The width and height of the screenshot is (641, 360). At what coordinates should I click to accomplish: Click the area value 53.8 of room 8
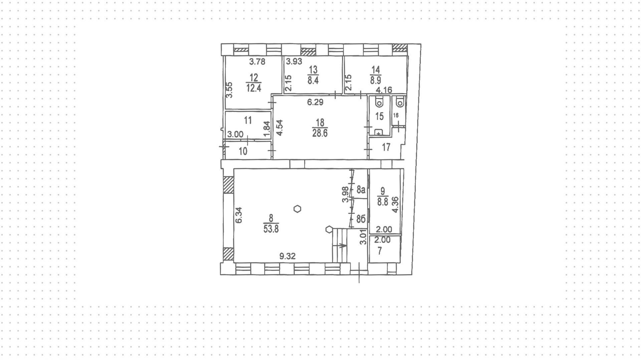[x=271, y=229]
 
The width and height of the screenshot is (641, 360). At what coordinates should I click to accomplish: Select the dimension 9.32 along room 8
[x=287, y=256]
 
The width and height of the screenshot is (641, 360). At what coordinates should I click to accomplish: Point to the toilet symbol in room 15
[x=380, y=102]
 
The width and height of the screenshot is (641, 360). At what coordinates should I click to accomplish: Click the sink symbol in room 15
[x=378, y=133]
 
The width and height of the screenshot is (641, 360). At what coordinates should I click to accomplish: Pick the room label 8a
[x=361, y=190]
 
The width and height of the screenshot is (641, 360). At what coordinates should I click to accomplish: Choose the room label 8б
[x=361, y=219]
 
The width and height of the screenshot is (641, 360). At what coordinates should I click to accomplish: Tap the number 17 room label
[x=386, y=147]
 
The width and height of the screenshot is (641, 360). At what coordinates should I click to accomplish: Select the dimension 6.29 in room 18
[x=315, y=102]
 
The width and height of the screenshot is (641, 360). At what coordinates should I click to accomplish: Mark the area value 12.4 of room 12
[x=254, y=88]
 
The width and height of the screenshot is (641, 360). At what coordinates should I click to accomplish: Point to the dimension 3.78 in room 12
[x=257, y=61]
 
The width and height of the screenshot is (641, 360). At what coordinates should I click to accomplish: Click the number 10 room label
[x=243, y=151]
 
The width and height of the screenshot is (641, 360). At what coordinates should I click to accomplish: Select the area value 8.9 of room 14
[x=376, y=80]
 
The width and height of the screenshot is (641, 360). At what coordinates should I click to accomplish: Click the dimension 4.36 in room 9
[x=395, y=205]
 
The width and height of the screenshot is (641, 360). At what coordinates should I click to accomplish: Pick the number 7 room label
[x=380, y=251]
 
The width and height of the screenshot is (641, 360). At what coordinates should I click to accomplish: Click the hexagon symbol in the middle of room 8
[x=297, y=209]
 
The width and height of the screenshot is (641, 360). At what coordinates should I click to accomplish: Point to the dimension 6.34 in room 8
[x=238, y=215]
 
